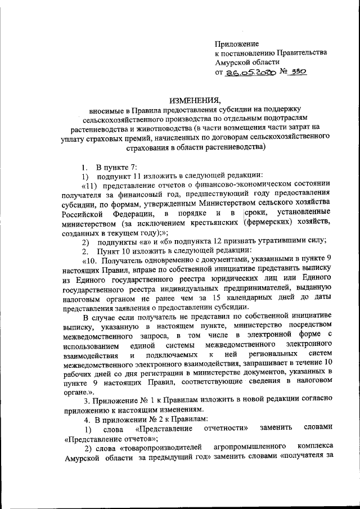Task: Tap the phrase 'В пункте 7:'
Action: coord(112,167)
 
